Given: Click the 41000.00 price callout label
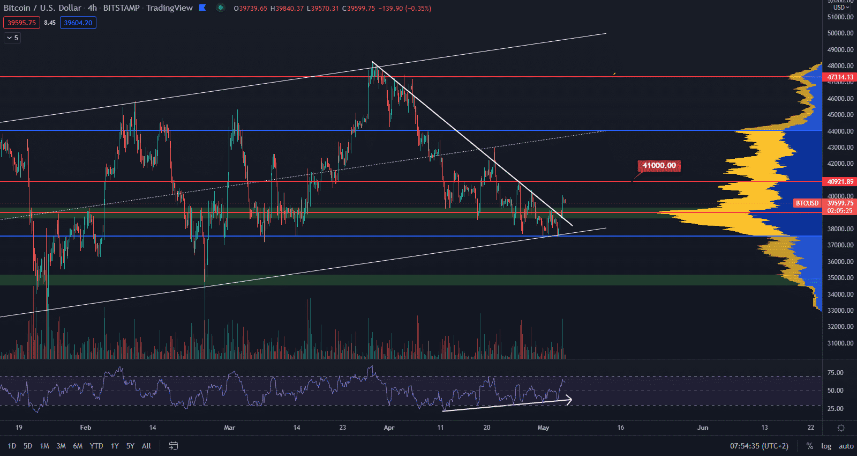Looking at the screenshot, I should pyautogui.click(x=659, y=166).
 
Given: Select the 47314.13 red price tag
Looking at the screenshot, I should pyautogui.click(x=840, y=77).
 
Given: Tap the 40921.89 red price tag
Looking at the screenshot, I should pyautogui.click(x=840, y=182).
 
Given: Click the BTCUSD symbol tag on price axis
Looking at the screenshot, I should pyautogui.click(x=807, y=203).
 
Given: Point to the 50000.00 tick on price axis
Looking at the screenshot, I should pyautogui.click(x=840, y=33).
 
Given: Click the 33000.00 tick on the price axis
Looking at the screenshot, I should pyautogui.click(x=840, y=311).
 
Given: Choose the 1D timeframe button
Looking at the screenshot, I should pyautogui.click(x=12, y=446).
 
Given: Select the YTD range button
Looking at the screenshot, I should pyautogui.click(x=96, y=446).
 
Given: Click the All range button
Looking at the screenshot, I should pyautogui.click(x=146, y=446).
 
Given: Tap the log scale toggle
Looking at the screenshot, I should pyautogui.click(x=826, y=446).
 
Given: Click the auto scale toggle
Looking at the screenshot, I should pyautogui.click(x=846, y=446).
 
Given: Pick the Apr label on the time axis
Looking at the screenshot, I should pyautogui.click(x=389, y=428).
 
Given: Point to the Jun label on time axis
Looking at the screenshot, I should pyautogui.click(x=702, y=428).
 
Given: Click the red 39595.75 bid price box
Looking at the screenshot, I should pyautogui.click(x=21, y=23).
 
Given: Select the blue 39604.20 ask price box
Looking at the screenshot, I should pyautogui.click(x=78, y=23).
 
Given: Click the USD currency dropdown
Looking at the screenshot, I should pyautogui.click(x=841, y=8).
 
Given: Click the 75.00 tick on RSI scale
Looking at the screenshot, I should pyautogui.click(x=835, y=373).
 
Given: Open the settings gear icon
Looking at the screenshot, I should pyautogui.click(x=841, y=428).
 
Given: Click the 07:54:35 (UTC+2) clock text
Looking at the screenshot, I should pyautogui.click(x=759, y=446).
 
